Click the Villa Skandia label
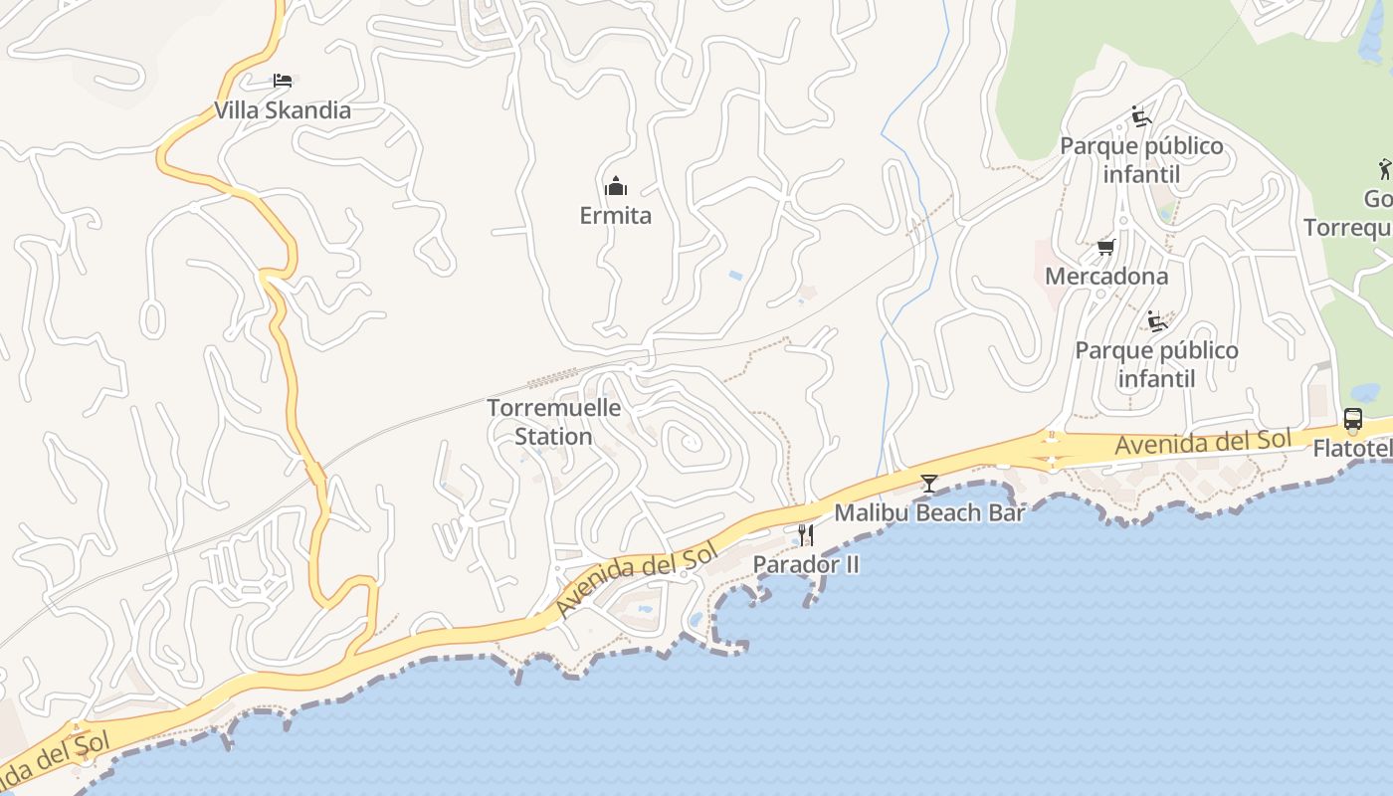(x=283, y=110)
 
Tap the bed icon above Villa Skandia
(x=283, y=80)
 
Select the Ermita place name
(x=616, y=215)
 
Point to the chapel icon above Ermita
(x=616, y=186)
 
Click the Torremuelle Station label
(x=554, y=422)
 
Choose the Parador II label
(x=806, y=564)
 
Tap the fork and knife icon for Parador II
(x=806, y=535)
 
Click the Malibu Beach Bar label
(x=929, y=513)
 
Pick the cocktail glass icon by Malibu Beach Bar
(x=929, y=484)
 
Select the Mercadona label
(x=1105, y=276)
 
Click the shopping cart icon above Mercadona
(x=1105, y=247)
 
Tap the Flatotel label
(x=1352, y=449)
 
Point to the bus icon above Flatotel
(x=1353, y=419)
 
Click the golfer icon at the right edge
(x=1385, y=168)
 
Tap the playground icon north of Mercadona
(x=1141, y=117)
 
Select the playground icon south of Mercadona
(x=1156, y=321)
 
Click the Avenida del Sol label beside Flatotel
(x=1202, y=443)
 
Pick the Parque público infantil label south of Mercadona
(x=1156, y=365)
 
